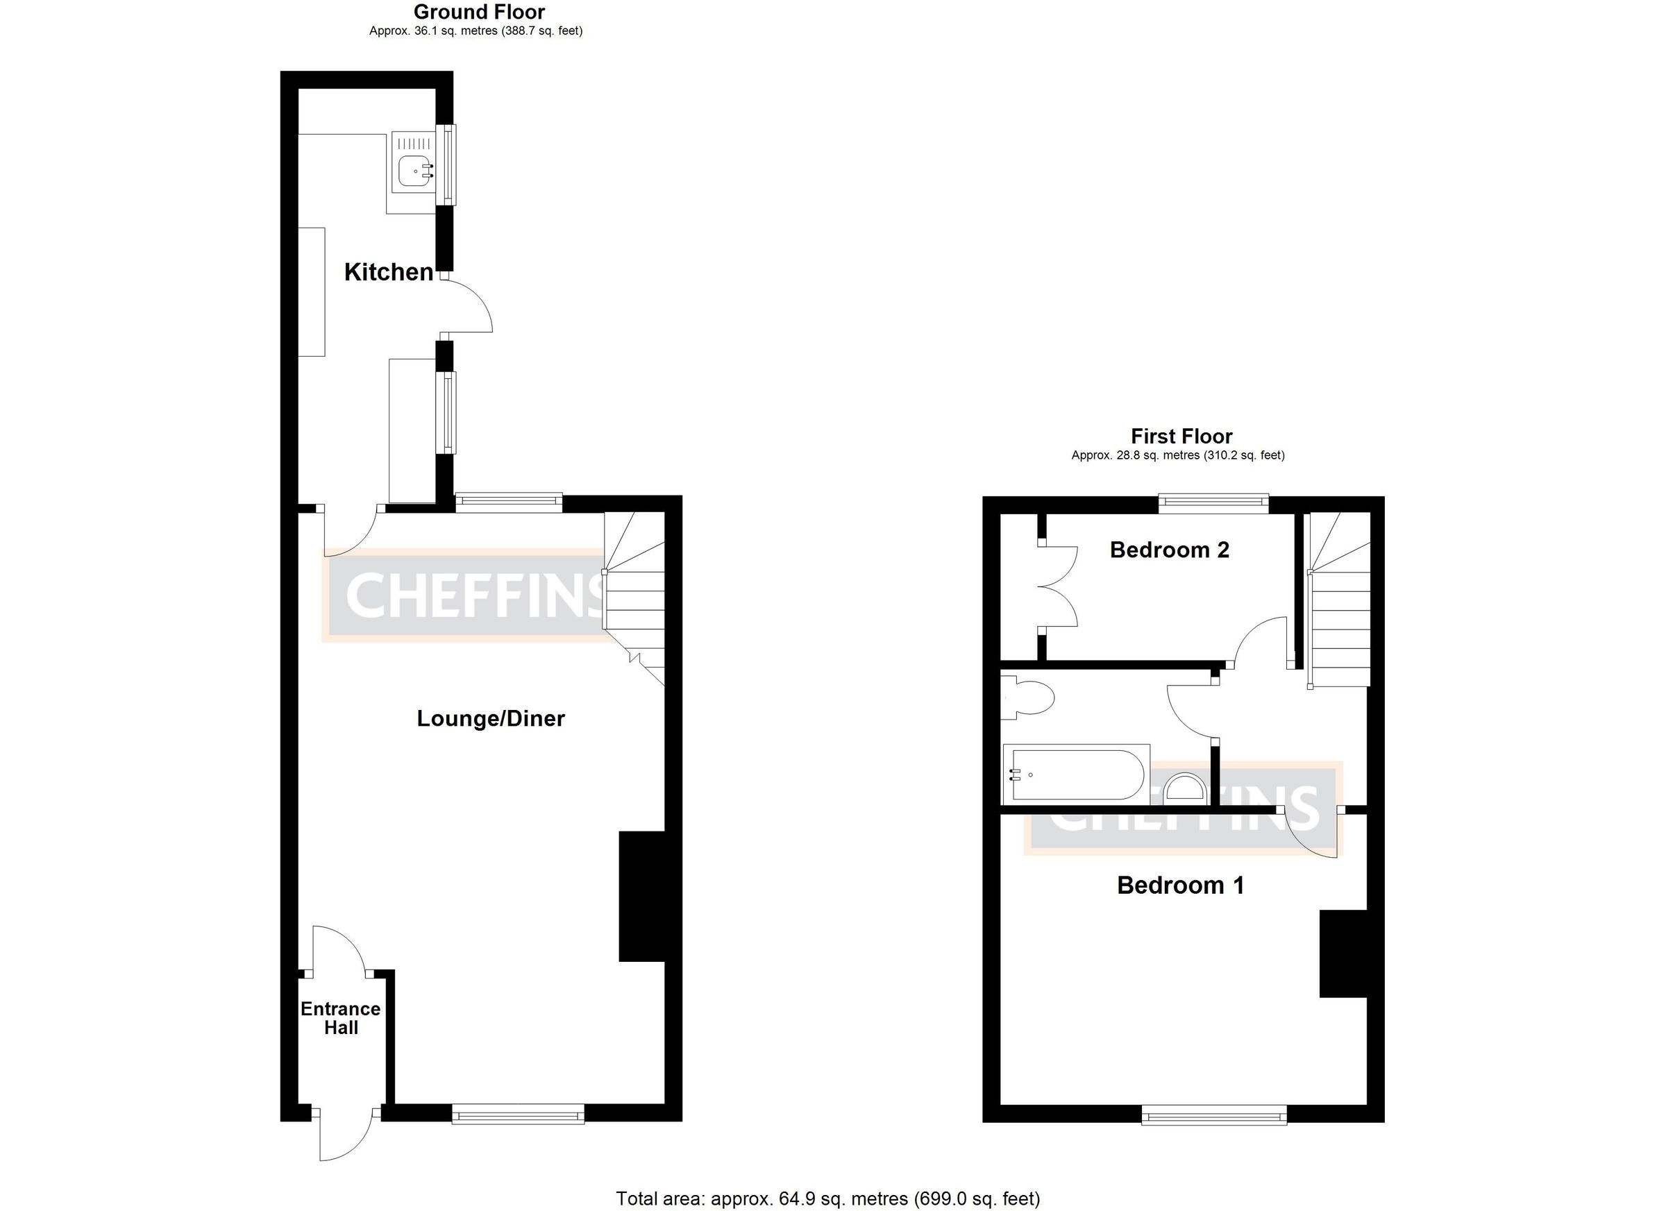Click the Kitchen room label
[388, 273]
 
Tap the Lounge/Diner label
[491, 718]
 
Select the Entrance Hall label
[341, 1018]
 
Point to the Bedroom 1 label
[1181, 885]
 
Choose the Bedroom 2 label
[1170, 550]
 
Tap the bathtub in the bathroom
[1076, 774]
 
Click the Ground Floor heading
[479, 12]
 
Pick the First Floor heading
[1181, 437]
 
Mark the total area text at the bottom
[828, 1199]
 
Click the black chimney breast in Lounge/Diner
[641, 896]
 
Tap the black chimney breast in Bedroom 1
[1343, 954]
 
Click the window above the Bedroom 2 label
[1213, 503]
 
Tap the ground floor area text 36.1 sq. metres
[476, 31]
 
